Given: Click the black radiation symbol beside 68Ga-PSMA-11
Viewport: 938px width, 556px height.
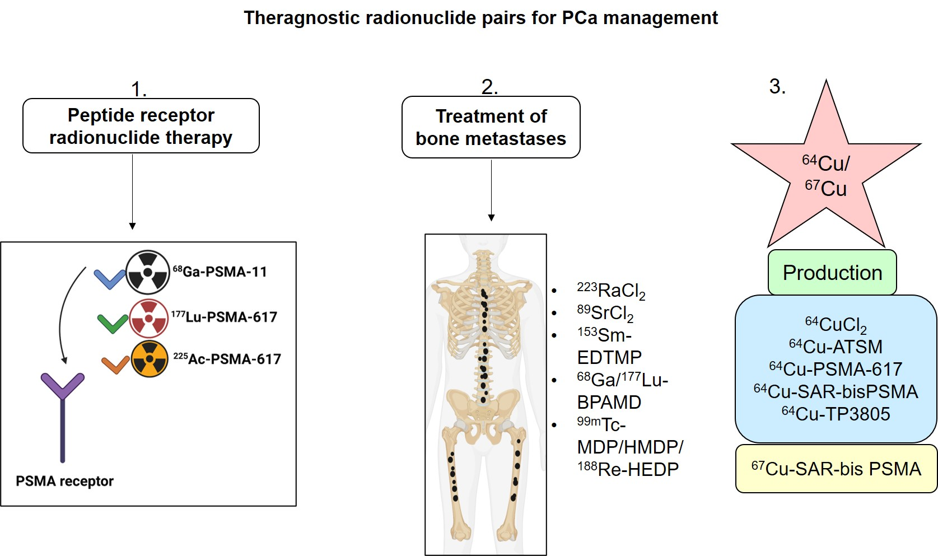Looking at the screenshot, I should tap(147, 273).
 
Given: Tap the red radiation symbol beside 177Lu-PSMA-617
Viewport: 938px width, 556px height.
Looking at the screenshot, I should tap(149, 318).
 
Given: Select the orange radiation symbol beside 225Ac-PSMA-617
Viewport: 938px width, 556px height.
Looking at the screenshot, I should tap(150, 359).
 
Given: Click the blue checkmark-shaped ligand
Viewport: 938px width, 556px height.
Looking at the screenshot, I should tap(109, 278).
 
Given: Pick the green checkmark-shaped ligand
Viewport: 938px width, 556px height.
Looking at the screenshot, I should tap(112, 323).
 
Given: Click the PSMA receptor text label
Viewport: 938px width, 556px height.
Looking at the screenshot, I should tap(64, 482).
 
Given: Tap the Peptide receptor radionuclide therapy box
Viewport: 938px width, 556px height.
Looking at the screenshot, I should tap(141, 126).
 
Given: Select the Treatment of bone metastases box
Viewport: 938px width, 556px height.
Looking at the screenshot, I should tap(491, 127).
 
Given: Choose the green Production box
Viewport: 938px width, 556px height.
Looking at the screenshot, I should tap(832, 273).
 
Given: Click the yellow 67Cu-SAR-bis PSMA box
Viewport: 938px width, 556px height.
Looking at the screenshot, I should tap(836, 469).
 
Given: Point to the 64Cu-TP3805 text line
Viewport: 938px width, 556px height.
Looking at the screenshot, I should tap(836, 414).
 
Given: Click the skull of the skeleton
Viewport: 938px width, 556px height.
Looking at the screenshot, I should tap(486, 244).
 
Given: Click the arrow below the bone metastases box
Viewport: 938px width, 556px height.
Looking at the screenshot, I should tap(491, 190).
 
